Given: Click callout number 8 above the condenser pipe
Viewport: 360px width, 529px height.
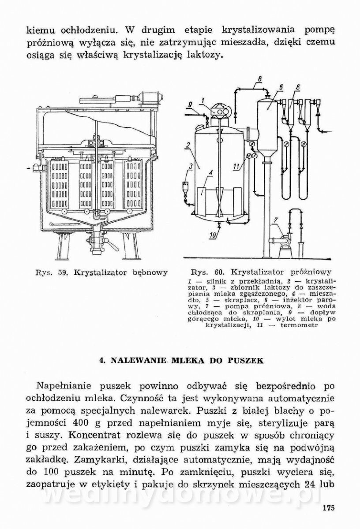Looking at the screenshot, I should click(x=259, y=79).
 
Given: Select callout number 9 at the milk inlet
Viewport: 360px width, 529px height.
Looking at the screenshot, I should click(x=190, y=104).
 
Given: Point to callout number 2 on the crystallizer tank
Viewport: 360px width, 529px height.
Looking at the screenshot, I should click(x=188, y=145).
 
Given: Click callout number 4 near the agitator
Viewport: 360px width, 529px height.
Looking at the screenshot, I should click(x=211, y=174).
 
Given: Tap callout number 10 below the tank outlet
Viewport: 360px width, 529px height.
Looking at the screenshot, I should click(x=213, y=235).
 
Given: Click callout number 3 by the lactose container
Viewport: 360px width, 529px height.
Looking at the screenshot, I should click(x=191, y=166).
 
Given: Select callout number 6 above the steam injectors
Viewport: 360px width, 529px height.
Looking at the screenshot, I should click(x=298, y=88).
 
